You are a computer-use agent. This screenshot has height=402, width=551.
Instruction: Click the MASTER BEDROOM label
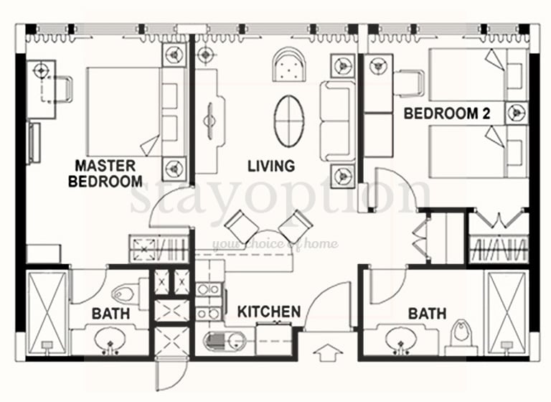(105, 174)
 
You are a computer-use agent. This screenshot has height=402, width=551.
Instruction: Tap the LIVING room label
(271, 166)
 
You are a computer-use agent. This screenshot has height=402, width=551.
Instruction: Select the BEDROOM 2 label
(447, 113)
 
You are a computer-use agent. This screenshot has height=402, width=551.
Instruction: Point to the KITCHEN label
(269, 312)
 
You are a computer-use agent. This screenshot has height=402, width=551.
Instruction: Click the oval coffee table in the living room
(289, 121)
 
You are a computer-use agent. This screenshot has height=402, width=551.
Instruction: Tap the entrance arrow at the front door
(328, 352)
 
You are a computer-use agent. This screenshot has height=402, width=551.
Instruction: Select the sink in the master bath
(110, 340)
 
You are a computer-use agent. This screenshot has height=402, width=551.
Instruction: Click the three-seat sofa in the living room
(338, 121)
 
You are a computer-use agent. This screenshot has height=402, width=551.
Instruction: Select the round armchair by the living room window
(290, 65)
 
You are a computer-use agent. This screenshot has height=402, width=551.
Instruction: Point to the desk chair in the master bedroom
(62, 89)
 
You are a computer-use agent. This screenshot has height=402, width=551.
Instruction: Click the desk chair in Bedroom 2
(410, 83)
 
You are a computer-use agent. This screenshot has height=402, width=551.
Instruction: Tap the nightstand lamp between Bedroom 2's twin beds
(517, 113)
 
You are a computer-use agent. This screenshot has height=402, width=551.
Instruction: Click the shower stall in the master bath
(47, 313)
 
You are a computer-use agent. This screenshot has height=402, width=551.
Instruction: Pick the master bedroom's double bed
(136, 112)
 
